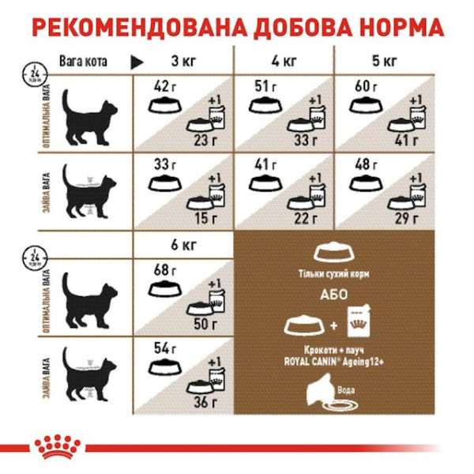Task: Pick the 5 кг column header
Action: tap(386, 61)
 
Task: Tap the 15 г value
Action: tap(207, 218)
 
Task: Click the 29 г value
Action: tap(408, 218)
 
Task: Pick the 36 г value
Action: tap(207, 402)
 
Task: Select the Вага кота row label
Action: tap(83, 61)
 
